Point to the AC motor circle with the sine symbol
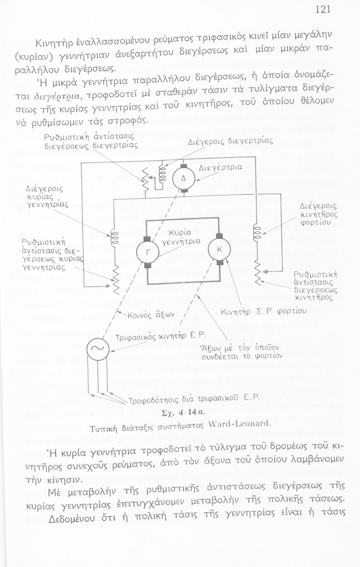[x=98, y=349]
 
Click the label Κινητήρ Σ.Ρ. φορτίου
[x=264, y=311]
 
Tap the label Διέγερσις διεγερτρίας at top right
[x=230, y=142]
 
